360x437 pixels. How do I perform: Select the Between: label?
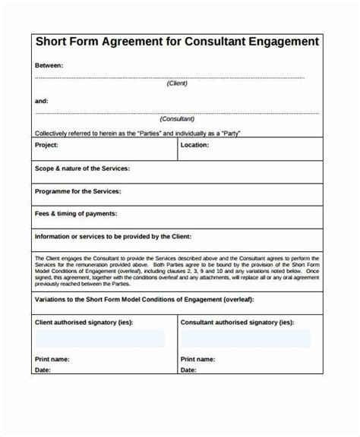(49, 66)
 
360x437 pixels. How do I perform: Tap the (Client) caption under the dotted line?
(178, 84)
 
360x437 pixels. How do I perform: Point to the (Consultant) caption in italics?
(178, 120)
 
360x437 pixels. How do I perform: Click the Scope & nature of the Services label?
(82, 168)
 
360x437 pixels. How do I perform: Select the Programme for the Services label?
(78, 191)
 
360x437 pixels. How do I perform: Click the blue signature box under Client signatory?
(99, 338)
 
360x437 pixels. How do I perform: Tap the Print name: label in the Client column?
(53, 359)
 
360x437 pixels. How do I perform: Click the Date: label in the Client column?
(43, 370)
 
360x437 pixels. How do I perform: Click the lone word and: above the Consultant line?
(42, 101)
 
